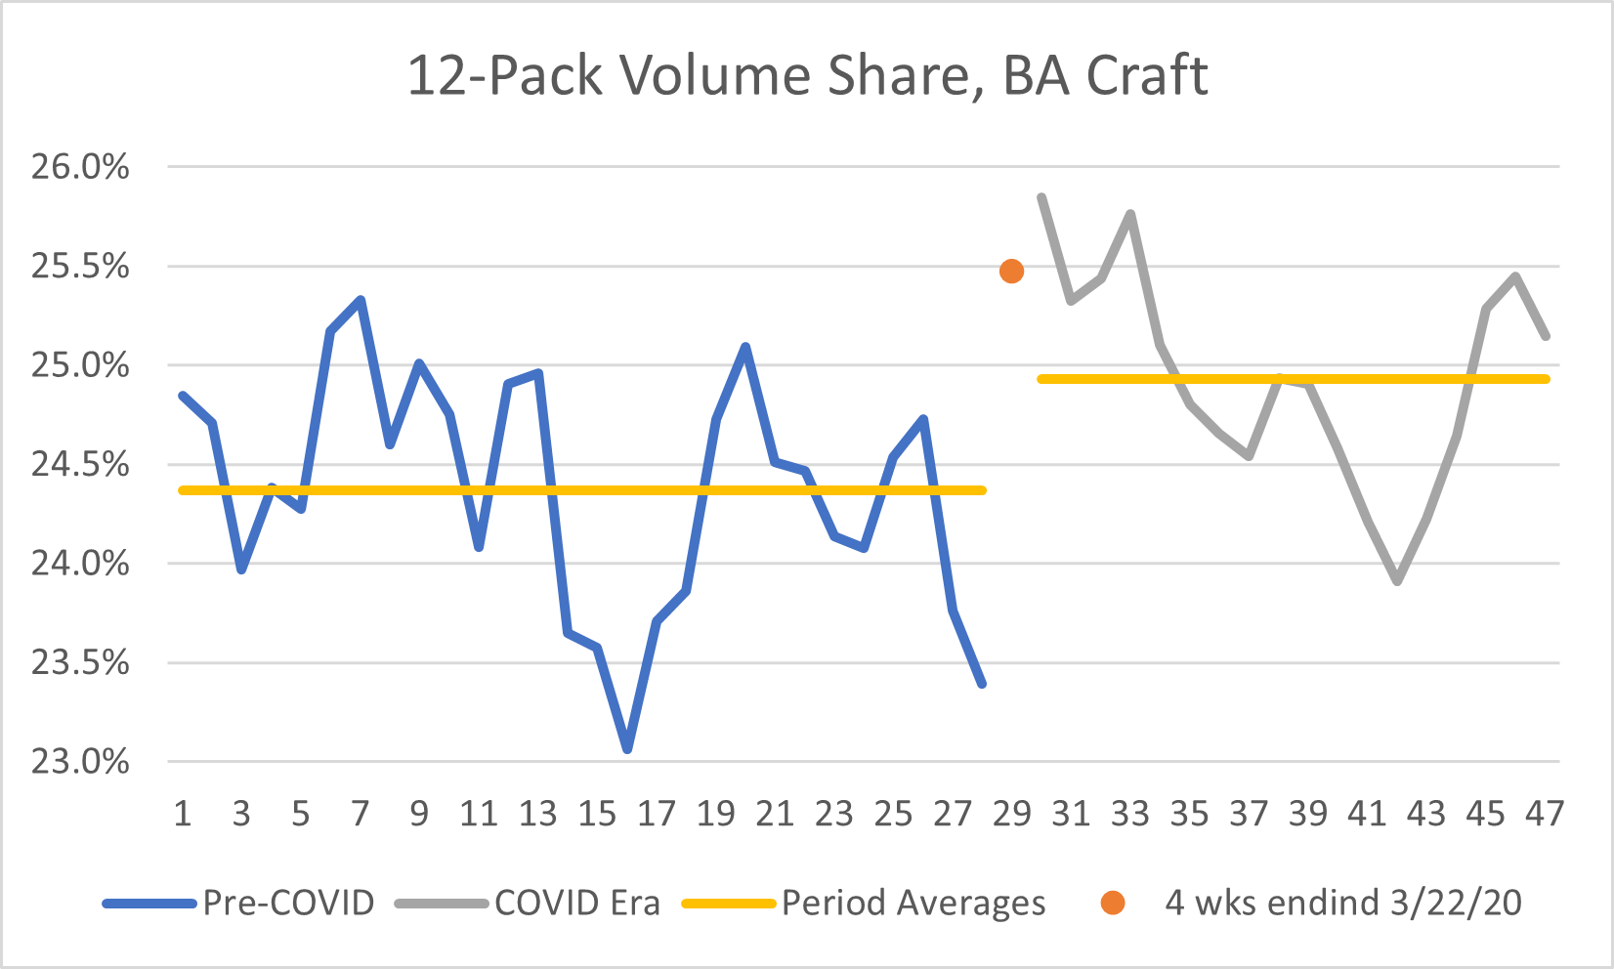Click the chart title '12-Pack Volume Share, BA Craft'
(807, 76)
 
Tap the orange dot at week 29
(1011, 272)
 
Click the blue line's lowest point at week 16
(627, 749)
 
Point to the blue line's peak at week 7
(361, 300)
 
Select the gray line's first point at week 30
(1041, 197)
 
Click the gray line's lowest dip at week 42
(1398, 581)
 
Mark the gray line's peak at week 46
(1515, 276)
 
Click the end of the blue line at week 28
(982, 684)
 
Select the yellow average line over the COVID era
(1290, 379)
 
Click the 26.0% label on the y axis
(80, 167)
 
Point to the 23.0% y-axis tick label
(80, 762)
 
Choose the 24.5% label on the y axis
(80, 464)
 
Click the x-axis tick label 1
(183, 813)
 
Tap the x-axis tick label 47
(1545, 813)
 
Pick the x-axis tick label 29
(1011, 813)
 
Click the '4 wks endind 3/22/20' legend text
(1342, 903)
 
